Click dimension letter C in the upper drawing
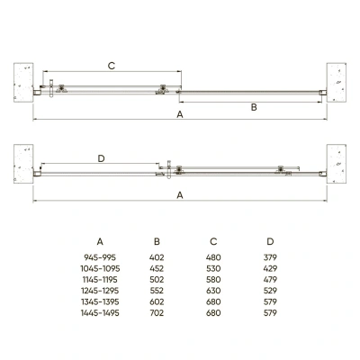pyautogui.click(x=111, y=66)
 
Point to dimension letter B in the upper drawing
pyautogui.click(x=254, y=107)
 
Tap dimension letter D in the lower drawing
pyautogui.click(x=101, y=158)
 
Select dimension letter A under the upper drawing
pyautogui.click(x=180, y=116)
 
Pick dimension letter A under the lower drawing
pyautogui.click(x=180, y=194)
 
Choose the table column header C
pyautogui.click(x=213, y=240)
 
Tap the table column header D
pyautogui.click(x=270, y=240)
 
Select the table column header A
pyautogui.click(x=99, y=240)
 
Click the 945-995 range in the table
pyautogui.click(x=99, y=258)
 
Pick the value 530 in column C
pyautogui.click(x=213, y=269)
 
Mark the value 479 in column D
pyautogui.click(x=270, y=280)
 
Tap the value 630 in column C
pyautogui.click(x=213, y=291)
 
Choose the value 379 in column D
pyautogui.click(x=270, y=258)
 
